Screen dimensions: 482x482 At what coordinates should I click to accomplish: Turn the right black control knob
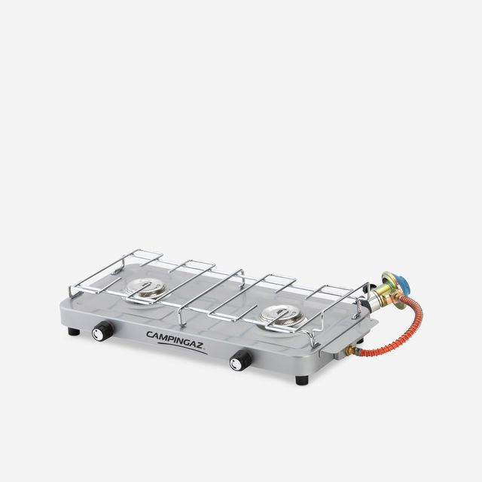tap(241, 361)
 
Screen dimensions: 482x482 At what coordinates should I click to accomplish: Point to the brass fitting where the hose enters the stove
tap(351, 349)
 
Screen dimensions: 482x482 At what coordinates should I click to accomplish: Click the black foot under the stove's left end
tap(73, 331)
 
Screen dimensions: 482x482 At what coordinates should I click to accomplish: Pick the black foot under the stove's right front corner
tap(301, 379)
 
